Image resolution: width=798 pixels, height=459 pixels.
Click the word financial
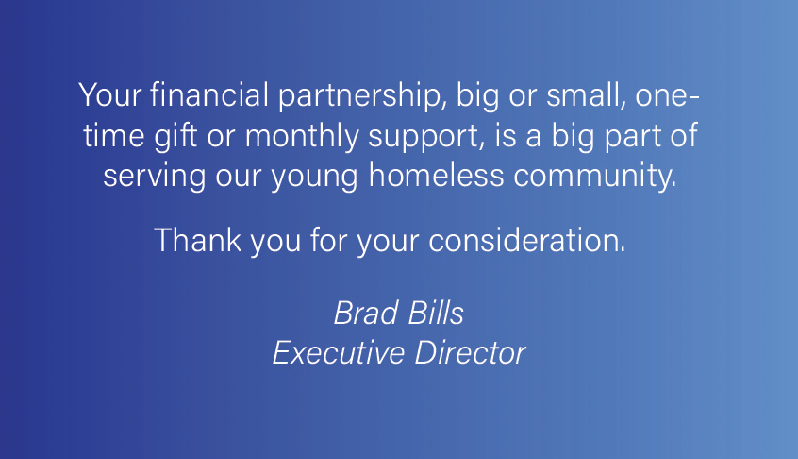click(209, 94)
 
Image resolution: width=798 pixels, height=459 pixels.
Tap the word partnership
click(362, 96)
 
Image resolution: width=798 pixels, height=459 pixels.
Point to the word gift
click(175, 137)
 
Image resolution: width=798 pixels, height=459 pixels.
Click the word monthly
click(302, 137)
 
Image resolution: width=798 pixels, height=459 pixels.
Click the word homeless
click(436, 175)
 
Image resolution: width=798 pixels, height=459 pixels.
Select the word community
click(595, 177)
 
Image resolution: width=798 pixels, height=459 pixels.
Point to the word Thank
click(197, 240)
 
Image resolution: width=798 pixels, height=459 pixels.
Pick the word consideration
click(526, 240)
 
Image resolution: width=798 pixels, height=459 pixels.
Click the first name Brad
click(366, 313)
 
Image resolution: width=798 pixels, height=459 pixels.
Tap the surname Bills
click(436, 313)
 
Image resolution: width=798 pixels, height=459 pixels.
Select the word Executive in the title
click(339, 352)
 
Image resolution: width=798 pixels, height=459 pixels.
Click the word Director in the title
click(470, 352)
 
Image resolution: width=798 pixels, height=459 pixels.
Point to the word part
click(632, 137)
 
